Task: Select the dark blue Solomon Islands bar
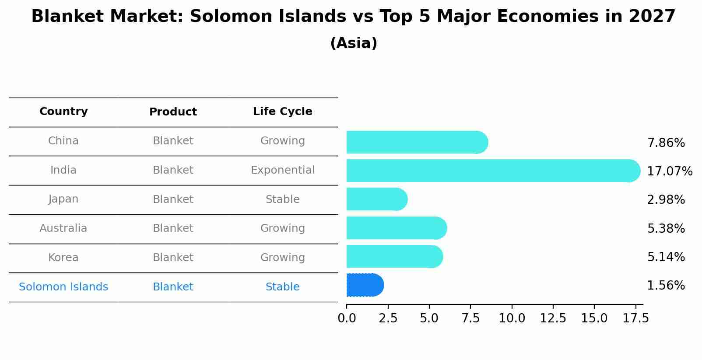[365, 285]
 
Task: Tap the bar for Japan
[376, 199]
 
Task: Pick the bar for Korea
[394, 257]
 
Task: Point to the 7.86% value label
[666, 143]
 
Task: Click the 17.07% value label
[669, 171]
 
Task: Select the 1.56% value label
[666, 286]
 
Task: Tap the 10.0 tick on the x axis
[512, 318]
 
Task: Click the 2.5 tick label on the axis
[388, 318]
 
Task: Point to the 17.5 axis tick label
[635, 318]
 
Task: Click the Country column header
[63, 112]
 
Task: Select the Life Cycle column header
[282, 112]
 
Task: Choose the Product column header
[173, 112]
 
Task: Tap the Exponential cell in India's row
[282, 170]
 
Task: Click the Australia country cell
[63, 228]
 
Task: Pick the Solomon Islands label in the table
[63, 287]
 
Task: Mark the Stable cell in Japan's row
[282, 199]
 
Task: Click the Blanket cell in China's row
[173, 141]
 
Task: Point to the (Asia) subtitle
[354, 43]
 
